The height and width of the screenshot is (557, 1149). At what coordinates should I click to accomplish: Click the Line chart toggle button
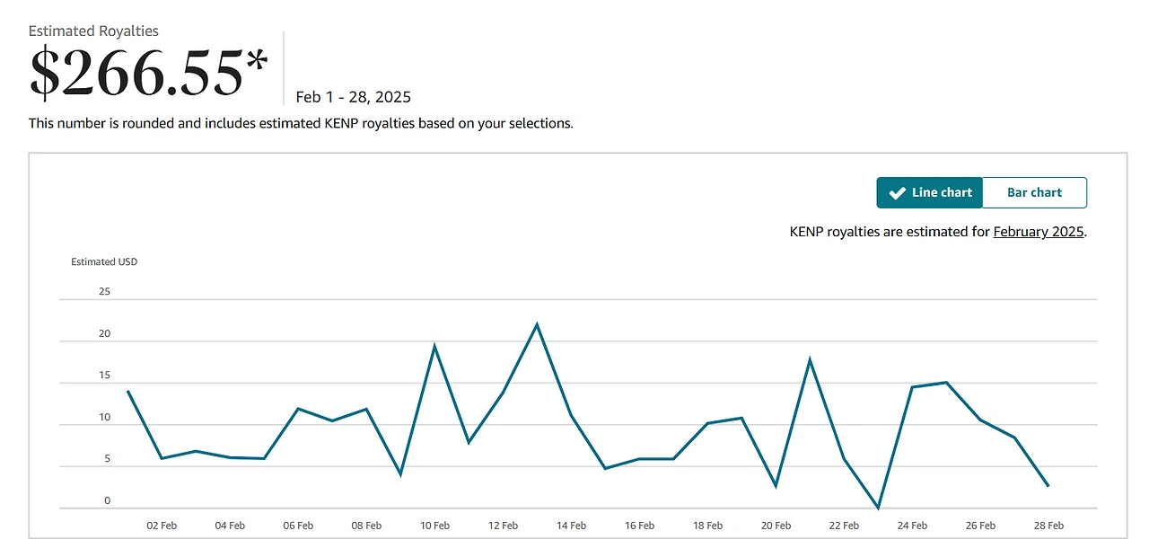tap(929, 192)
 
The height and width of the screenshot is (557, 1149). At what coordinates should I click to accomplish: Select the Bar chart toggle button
tap(1034, 192)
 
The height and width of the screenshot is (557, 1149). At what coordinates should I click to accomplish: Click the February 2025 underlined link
tap(1039, 232)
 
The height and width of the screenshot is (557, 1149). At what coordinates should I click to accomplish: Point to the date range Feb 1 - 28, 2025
tap(353, 97)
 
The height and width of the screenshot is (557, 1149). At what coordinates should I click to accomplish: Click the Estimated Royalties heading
tap(93, 31)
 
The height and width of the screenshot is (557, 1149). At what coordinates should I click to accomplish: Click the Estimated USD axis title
tap(104, 262)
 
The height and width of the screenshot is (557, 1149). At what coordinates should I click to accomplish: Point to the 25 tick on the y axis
tap(104, 291)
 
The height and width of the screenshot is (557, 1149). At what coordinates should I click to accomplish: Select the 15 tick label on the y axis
tap(104, 376)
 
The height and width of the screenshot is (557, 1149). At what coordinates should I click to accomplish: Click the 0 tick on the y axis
tap(107, 501)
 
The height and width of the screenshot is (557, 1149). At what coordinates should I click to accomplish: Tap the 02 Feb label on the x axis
tap(162, 526)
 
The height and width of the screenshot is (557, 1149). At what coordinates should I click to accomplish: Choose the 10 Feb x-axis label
tap(434, 526)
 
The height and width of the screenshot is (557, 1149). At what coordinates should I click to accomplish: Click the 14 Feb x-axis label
tap(571, 526)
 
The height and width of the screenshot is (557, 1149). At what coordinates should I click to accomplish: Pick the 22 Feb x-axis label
tap(844, 526)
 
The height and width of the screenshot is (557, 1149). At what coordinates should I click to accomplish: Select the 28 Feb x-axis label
tap(1048, 526)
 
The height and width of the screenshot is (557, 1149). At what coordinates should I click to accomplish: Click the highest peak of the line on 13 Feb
tap(537, 324)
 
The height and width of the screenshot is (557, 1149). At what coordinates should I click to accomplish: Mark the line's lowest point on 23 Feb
tap(878, 508)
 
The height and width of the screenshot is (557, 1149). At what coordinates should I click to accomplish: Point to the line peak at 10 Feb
tap(434, 346)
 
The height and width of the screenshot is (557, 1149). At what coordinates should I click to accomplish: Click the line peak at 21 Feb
tap(810, 360)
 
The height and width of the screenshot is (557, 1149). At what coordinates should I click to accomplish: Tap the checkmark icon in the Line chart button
tap(896, 192)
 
